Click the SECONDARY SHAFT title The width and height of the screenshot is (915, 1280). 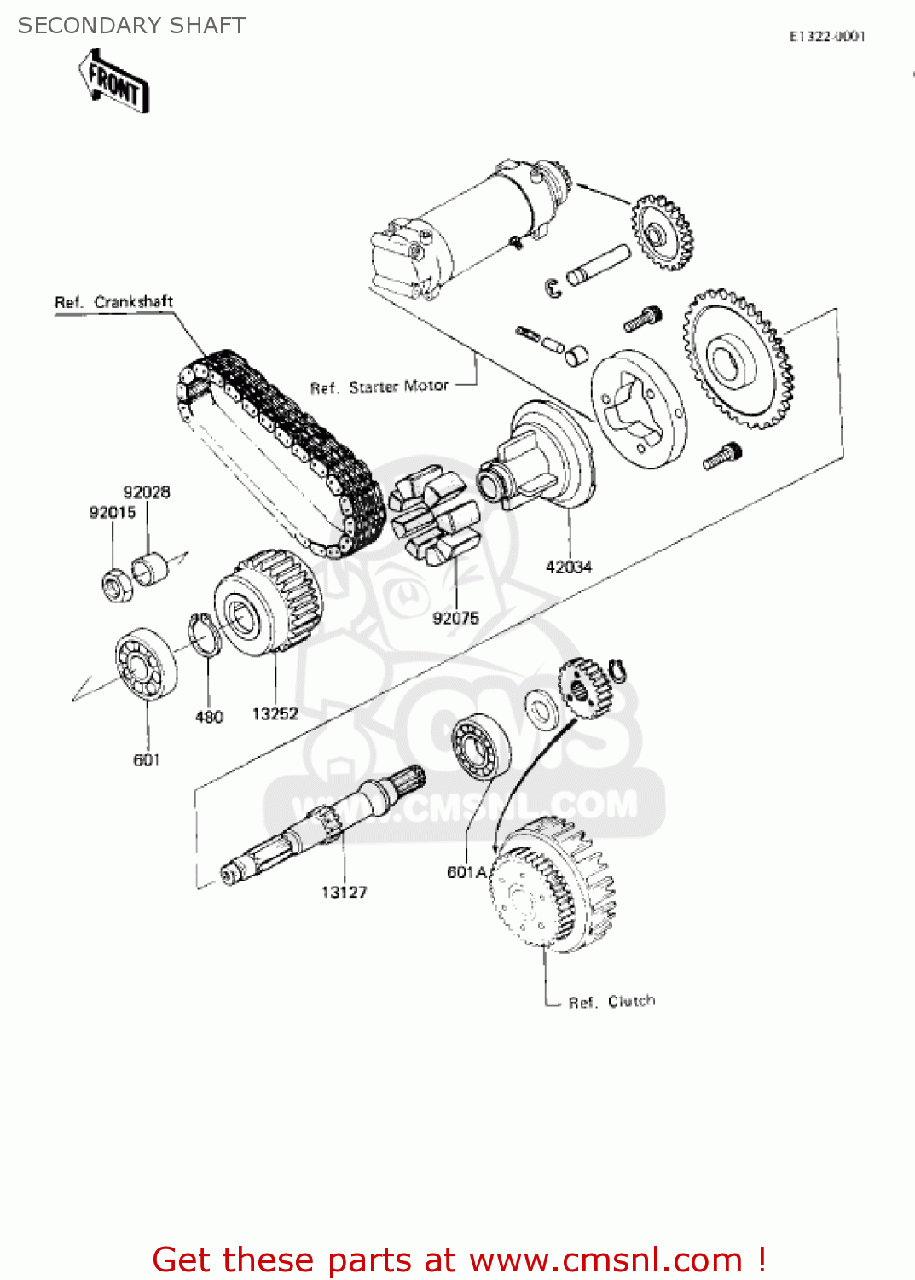[x=131, y=26]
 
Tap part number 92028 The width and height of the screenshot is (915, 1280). [x=147, y=492]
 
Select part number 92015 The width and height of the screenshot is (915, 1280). [x=113, y=512]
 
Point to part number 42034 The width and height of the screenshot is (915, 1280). [x=569, y=567]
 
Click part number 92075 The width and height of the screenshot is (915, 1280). [x=455, y=618]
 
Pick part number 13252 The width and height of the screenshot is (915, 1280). [x=275, y=713]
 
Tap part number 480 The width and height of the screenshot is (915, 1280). [x=209, y=717]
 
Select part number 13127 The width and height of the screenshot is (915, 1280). [x=344, y=892]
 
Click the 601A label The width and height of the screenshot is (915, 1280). [x=466, y=872]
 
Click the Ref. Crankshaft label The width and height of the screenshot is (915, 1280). [x=113, y=302]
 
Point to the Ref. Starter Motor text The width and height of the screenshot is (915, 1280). [x=379, y=387]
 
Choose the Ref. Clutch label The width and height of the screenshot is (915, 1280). [x=611, y=1002]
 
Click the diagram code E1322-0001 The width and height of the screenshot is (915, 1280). [x=826, y=36]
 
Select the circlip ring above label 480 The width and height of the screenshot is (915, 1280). [x=205, y=635]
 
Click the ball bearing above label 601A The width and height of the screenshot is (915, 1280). [x=480, y=748]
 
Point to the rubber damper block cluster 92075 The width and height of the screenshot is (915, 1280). [x=433, y=515]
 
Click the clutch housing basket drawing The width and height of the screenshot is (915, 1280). [x=553, y=883]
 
